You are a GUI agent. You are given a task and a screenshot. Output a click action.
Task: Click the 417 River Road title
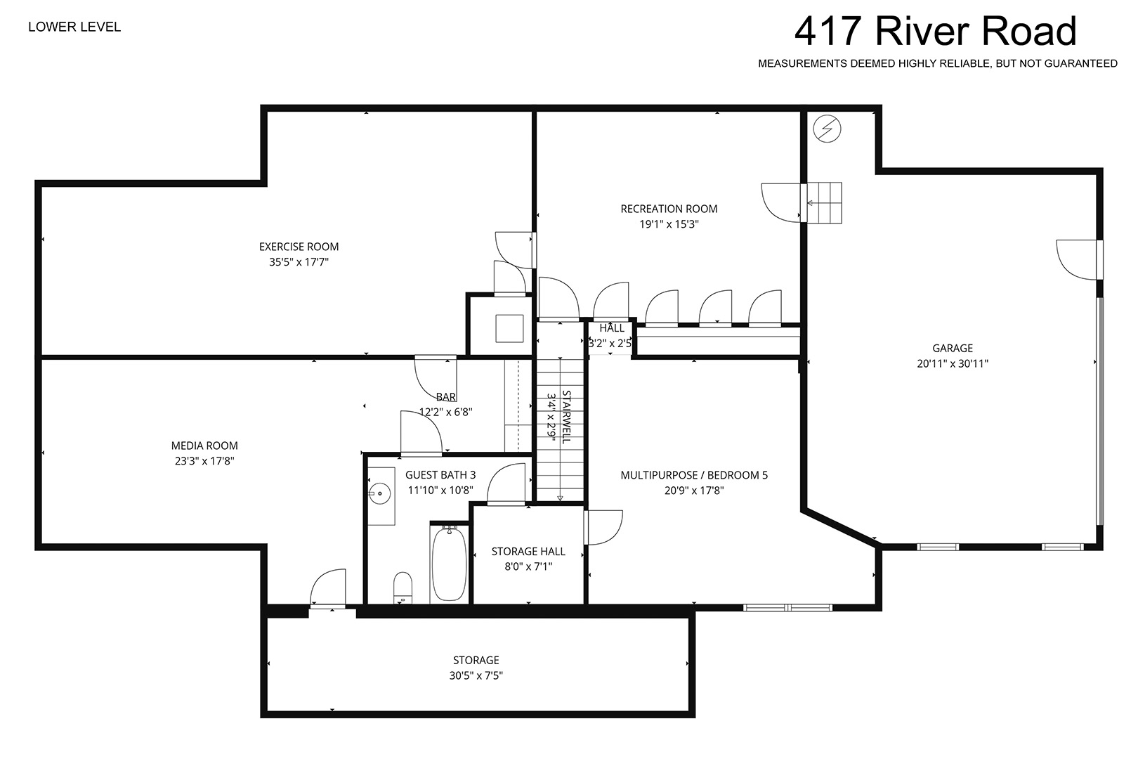point(935,31)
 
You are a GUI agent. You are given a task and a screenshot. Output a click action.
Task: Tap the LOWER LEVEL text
point(74,27)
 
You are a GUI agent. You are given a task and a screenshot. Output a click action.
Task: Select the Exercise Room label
point(299,247)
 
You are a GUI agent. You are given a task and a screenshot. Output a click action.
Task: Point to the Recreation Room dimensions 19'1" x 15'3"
point(669,224)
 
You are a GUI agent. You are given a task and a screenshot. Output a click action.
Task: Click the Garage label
point(953,349)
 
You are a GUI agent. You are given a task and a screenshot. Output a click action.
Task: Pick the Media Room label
point(204,446)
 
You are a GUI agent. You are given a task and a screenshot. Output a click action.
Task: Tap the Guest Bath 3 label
point(440,475)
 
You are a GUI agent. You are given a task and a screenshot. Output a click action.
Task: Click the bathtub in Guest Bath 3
point(449,564)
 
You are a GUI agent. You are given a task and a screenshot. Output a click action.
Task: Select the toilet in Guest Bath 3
point(403,588)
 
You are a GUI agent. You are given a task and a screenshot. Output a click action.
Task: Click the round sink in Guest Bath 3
point(379,493)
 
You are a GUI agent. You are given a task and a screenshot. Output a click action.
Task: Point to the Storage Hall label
point(528,551)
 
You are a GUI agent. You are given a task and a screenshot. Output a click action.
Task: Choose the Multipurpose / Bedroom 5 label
point(694,475)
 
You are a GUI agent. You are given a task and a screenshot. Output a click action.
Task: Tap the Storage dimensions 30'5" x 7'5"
point(476,675)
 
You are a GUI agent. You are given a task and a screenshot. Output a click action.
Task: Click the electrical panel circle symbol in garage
point(827,129)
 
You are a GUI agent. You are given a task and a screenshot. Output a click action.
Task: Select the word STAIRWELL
point(566,417)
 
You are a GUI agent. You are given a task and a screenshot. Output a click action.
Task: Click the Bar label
point(446,397)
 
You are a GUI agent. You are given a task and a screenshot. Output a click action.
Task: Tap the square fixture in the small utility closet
point(509,328)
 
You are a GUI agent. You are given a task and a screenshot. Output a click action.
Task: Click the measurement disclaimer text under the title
point(938,63)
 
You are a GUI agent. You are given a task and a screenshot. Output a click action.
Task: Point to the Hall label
point(612,328)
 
